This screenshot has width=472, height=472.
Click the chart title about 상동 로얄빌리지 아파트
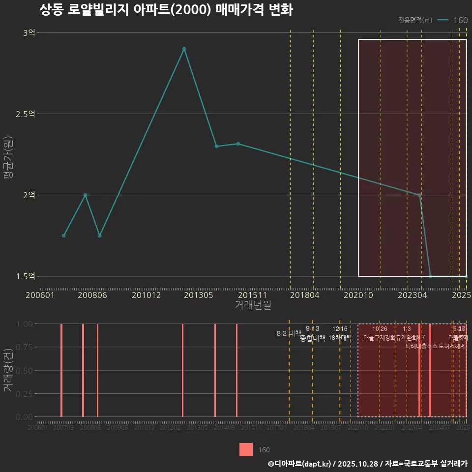click(x=166, y=10)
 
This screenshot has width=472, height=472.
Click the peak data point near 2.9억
click(x=184, y=49)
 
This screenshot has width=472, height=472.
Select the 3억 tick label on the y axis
click(x=29, y=33)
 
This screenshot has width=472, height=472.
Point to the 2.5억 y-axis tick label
click(x=26, y=114)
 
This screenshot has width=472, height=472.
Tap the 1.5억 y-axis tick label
click(x=26, y=276)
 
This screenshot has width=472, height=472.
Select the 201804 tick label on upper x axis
click(x=305, y=295)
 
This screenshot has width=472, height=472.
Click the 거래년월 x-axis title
click(x=253, y=305)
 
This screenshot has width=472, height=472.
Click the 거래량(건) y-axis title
click(x=8, y=370)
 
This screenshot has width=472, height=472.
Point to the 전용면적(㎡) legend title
click(x=415, y=20)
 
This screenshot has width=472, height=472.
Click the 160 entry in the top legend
click(x=461, y=20)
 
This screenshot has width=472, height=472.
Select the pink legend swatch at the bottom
click(x=246, y=450)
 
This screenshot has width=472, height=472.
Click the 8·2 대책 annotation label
click(x=289, y=333)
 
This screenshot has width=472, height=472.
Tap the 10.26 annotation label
click(x=380, y=328)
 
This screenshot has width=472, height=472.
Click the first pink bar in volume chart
click(x=61, y=370)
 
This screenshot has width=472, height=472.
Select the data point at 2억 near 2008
click(x=85, y=195)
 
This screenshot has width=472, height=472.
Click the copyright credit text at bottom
click(x=367, y=463)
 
